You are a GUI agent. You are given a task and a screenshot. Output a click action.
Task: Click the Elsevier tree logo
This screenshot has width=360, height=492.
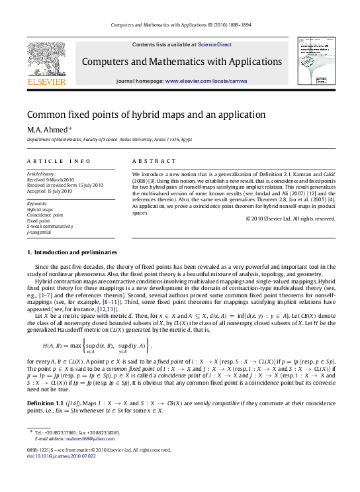coord(46,60)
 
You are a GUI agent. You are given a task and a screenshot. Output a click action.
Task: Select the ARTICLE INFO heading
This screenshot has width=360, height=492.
coord(59,161)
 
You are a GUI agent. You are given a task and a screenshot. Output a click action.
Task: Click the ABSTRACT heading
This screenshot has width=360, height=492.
coord(154,161)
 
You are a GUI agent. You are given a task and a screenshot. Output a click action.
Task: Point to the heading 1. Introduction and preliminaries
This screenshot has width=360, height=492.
coord(72,252)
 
